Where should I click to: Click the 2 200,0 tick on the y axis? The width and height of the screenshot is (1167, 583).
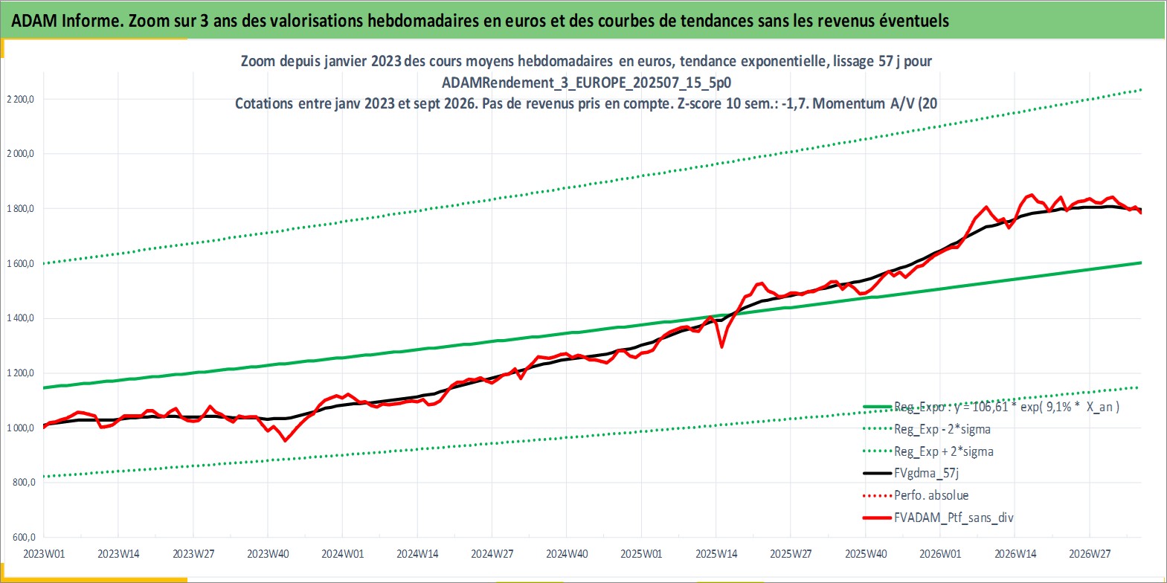pos(20,99)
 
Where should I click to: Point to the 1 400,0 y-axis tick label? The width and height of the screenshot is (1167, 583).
pos(20,318)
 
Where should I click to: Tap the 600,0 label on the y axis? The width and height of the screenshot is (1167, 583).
pos(24,537)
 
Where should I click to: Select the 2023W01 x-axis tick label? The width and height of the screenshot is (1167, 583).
pos(44,554)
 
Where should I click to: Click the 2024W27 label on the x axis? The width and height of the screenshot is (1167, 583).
pos(492,554)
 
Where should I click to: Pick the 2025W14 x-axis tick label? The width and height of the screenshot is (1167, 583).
pos(716,554)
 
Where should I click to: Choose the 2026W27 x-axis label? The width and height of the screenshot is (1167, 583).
pos(1090,554)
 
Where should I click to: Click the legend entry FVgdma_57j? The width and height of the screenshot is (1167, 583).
pos(911,473)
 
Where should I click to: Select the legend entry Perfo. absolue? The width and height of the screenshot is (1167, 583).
pos(916,495)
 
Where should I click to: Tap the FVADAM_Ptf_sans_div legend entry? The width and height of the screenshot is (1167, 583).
pos(939,518)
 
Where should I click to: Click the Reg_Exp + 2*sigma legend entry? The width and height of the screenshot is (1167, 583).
pos(928,451)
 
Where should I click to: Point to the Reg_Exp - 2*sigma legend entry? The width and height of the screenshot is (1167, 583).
pos(927,429)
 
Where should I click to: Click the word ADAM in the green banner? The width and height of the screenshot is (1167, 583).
pos(34,21)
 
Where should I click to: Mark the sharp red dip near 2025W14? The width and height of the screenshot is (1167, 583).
pos(721,347)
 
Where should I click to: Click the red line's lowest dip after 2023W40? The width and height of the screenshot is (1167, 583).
pos(285,441)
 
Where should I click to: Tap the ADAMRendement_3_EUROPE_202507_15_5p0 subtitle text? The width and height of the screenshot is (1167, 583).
pos(587,83)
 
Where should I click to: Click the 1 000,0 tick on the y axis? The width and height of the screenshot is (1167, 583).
pos(20,428)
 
